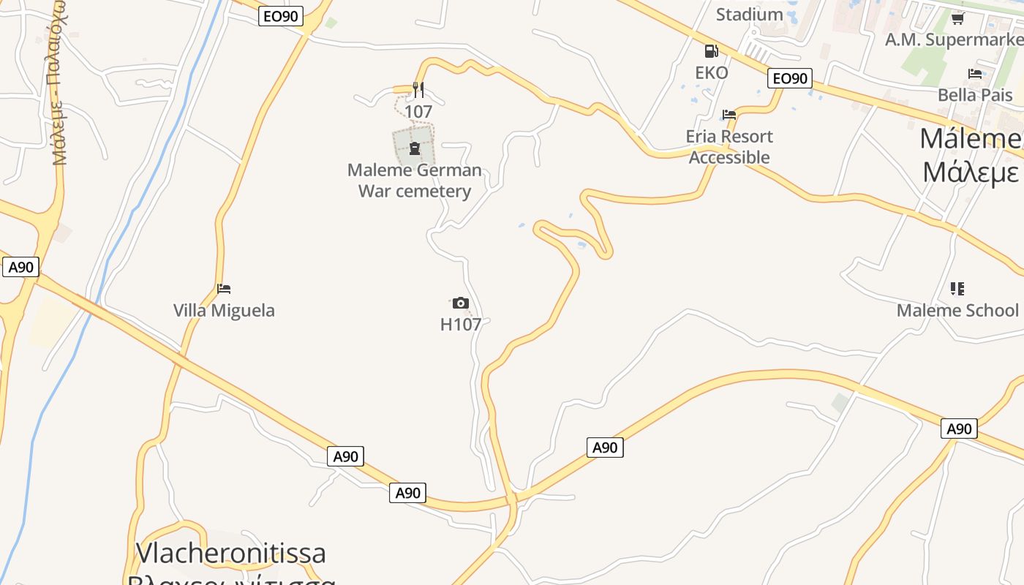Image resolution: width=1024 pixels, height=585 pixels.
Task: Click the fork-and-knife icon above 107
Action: pyautogui.click(x=418, y=90)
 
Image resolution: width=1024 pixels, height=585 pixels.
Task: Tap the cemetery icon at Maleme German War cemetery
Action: pyautogui.click(x=415, y=149)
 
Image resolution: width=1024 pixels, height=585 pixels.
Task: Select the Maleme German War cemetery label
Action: pyautogui.click(x=415, y=181)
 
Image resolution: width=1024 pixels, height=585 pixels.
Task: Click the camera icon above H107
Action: pyautogui.click(x=460, y=303)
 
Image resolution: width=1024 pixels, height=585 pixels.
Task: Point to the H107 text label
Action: pyautogui.click(x=461, y=324)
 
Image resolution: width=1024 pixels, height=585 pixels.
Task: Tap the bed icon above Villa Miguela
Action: pyautogui.click(x=224, y=289)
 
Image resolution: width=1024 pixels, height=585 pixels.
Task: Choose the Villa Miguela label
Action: pyautogui.click(x=224, y=310)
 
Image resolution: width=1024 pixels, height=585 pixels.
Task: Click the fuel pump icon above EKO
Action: pyautogui.click(x=711, y=51)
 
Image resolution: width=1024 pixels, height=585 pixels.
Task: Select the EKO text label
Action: pyautogui.click(x=711, y=72)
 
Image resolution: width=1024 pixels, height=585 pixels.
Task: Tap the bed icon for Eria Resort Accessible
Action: pyautogui.click(x=729, y=115)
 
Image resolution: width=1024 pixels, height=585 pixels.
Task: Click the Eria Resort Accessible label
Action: pyautogui.click(x=729, y=146)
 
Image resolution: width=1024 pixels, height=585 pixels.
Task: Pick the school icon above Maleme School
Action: pyautogui.click(x=957, y=289)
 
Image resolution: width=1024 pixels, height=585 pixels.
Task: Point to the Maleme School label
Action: pyautogui.click(x=957, y=310)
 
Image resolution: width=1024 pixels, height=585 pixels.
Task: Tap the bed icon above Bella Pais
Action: pyautogui.click(x=975, y=73)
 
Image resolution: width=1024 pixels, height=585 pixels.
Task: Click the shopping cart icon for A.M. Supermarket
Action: pyautogui.click(x=958, y=18)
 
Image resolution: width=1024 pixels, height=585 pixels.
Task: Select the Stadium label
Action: pyautogui.click(x=749, y=14)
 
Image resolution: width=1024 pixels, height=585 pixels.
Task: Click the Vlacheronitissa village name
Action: pyautogui.click(x=231, y=553)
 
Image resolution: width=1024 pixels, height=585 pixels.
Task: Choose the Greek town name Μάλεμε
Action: pyautogui.click(x=970, y=173)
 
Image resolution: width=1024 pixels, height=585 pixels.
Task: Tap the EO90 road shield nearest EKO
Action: pyautogui.click(x=790, y=78)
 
